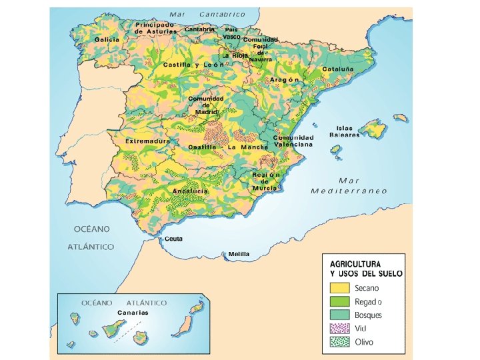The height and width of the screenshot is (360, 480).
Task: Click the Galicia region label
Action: (x=107, y=40)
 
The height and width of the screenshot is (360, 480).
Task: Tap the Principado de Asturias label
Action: (x=156, y=28)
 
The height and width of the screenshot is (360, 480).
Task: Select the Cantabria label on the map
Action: (x=200, y=29)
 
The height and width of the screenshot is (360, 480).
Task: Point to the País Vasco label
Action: (x=231, y=33)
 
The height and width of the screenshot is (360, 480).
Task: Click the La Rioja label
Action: (x=235, y=55)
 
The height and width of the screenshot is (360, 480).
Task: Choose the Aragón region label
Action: (x=285, y=79)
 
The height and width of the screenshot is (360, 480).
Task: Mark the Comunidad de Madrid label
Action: (x=207, y=105)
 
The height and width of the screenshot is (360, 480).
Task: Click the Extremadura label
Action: (x=148, y=141)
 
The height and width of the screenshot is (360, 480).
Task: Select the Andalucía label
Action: (x=191, y=191)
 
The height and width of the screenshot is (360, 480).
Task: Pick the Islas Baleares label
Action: (x=345, y=131)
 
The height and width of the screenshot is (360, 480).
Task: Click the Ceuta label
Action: (x=173, y=239)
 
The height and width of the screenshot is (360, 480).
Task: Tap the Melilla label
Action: (x=239, y=254)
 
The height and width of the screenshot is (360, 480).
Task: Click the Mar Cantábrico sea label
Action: (x=207, y=14)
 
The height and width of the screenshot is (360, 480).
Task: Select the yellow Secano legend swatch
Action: (x=339, y=288)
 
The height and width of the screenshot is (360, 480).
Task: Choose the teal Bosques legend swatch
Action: (x=339, y=315)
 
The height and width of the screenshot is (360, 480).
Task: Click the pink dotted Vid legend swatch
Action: (x=339, y=329)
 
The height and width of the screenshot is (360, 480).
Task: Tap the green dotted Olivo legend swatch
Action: (x=339, y=343)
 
